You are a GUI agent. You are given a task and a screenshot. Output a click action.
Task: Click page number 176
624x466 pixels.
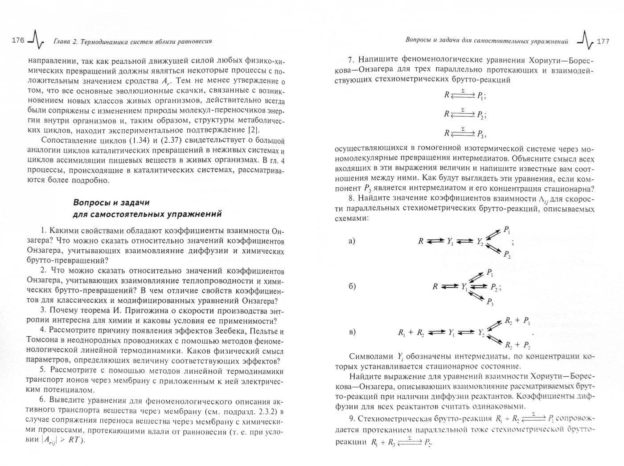[17, 41]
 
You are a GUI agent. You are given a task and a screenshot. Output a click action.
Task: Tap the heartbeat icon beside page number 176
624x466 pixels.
[35, 41]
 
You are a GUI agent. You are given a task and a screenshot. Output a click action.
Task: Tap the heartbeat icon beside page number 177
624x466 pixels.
[585, 41]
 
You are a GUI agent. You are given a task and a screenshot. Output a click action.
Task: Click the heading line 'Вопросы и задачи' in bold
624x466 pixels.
[111, 202]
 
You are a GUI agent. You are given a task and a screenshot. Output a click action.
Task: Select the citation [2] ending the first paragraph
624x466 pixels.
[252, 130]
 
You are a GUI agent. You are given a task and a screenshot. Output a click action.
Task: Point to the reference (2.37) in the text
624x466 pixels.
[164, 140]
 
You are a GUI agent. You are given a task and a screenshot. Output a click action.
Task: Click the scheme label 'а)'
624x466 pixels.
[352, 241]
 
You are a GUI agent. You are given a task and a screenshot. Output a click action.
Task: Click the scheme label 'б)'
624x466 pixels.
[352, 286]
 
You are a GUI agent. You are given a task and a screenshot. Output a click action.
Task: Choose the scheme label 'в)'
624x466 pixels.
[352, 332]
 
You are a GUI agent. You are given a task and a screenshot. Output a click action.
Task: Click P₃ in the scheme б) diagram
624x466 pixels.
[490, 302]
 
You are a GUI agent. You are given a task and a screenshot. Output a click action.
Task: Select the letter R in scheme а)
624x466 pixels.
[420, 241]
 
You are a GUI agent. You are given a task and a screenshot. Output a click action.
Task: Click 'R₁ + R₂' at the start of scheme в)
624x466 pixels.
[411, 333]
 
